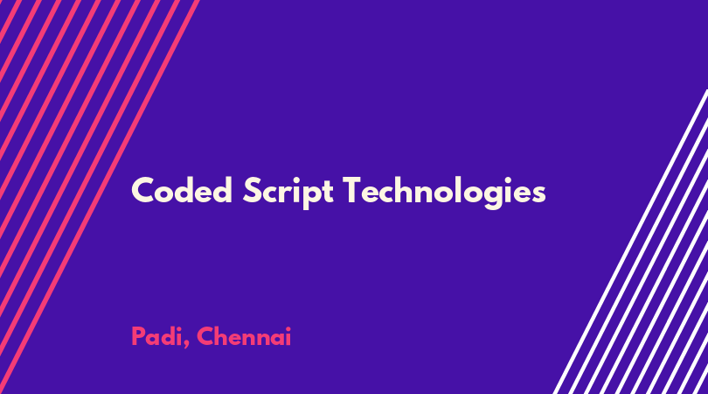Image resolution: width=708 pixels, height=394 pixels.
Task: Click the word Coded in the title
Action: point(182,190)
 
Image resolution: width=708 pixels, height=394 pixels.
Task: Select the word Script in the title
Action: point(288,192)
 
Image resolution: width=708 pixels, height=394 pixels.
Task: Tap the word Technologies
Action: point(444,192)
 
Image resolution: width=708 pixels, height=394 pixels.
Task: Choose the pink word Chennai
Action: point(244,336)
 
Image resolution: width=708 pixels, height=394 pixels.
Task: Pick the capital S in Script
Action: point(253,190)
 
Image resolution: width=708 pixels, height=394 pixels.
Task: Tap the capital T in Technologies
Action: point(353,190)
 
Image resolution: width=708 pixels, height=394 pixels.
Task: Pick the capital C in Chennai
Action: point(205,336)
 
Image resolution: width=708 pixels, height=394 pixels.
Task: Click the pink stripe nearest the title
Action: point(100,197)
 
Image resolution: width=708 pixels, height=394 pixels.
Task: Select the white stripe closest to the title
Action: point(631,242)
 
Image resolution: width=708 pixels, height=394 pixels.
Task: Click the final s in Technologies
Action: point(538,193)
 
